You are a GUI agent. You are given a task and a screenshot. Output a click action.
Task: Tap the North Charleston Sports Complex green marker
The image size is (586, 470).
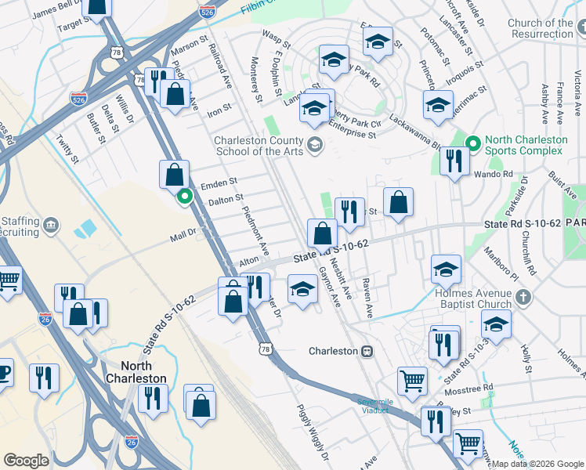pyautogui.click(x=473, y=144)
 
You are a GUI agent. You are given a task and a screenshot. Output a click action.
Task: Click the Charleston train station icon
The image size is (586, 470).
pyautogui.click(x=365, y=351)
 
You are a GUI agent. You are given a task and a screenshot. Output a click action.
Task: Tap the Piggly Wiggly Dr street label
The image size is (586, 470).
pyautogui.click(x=312, y=432)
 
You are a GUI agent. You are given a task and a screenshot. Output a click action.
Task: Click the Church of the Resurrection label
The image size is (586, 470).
pyautogui.click(x=541, y=29)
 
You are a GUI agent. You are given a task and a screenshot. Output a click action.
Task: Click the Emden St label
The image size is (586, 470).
pyautogui.click(x=218, y=183)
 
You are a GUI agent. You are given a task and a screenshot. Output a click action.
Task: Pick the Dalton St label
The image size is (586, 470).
pyautogui.click(x=225, y=200)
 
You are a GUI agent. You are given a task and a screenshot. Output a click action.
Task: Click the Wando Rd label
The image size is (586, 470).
pyautogui.click(x=497, y=174)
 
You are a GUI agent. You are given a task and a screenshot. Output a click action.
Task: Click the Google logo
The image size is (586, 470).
pyautogui.click(x=26, y=460)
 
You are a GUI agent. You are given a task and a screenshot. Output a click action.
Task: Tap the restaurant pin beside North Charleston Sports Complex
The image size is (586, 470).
pyautogui.click(x=454, y=161)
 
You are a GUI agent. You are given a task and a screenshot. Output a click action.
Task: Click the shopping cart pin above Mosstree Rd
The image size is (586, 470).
pyautogui.click(x=412, y=381)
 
